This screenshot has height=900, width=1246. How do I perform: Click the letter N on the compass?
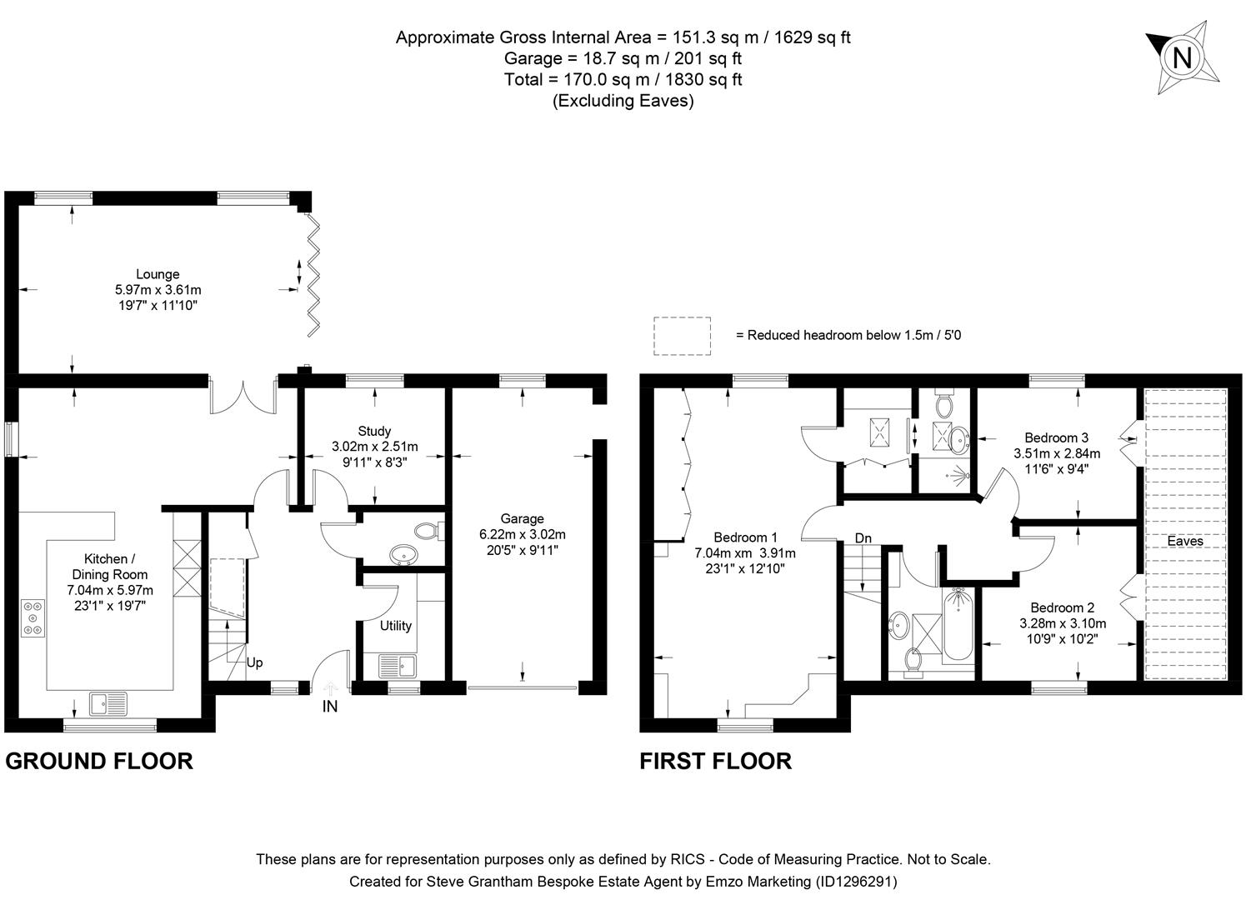(x=1183, y=58)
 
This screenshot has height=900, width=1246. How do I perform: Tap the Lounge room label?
(x=158, y=274)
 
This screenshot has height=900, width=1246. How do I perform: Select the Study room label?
(x=374, y=431)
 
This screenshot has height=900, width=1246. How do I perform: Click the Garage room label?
(x=522, y=518)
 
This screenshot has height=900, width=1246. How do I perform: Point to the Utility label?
(x=396, y=626)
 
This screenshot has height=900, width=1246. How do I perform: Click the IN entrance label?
(x=330, y=707)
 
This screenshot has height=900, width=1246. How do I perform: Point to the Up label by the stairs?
(x=254, y=662)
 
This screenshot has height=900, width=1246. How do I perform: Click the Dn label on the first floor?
(x=863, y=539)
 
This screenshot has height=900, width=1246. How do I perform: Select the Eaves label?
(x=1184, y=541)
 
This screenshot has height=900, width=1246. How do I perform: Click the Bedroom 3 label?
(x=1056, y=437)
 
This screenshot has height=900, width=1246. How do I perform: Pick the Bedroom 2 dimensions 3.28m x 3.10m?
(x=1063, y=623)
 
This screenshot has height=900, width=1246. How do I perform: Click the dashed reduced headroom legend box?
(x=682, y=336)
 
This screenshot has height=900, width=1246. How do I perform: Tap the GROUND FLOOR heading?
(x=99, y=761)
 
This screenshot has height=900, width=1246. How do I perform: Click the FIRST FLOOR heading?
(x=715, y=761)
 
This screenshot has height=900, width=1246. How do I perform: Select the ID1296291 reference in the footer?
(x=856, y=881)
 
